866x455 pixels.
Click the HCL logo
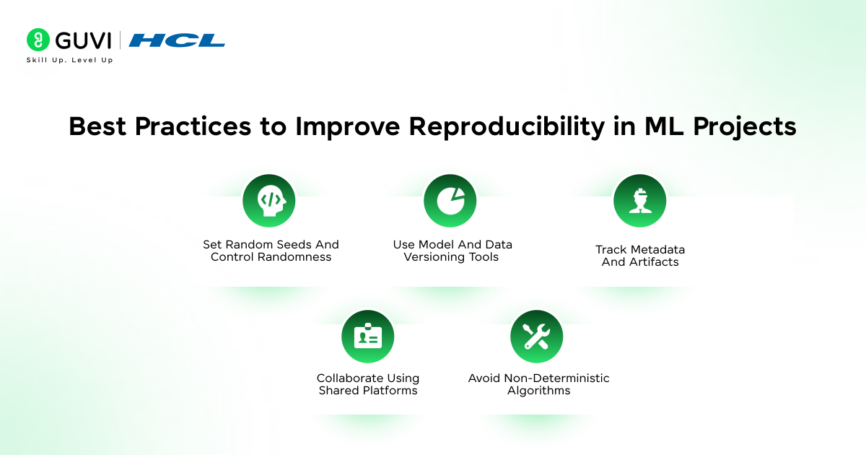pyautogui.click(x=177, y=40)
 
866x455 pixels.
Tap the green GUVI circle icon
pyautogui.click(x=38, y=40)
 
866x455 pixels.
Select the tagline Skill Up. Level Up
pyautogui.click(x=69, y=60)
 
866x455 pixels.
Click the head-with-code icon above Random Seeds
pyautogui.click(x=269, y=201)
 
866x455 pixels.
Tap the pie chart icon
pyautogui.click(x=450, y=201)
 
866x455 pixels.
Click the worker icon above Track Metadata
pyautogui.click(x=639, y=201)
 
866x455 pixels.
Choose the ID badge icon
pyautogui.click(x=368, y=337)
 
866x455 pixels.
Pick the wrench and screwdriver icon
pyautogui.click(x=536, y=337)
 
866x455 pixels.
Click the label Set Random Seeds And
pyautogui.click(x=271, y=245)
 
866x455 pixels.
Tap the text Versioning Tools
pyautogui.click(x=451, y=257)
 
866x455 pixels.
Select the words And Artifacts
pyautogui.click(x=640, y=262)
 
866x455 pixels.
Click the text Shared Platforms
pyautogui.click(x=368, y=391)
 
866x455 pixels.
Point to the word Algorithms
pyautogui.click(x=538, y=391)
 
